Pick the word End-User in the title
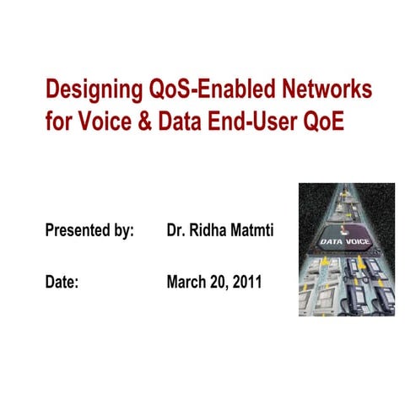[250, 119]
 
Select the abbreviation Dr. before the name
[176, 230]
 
